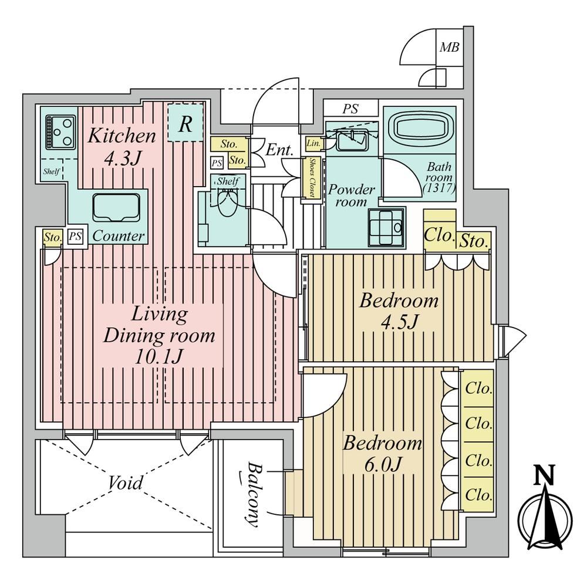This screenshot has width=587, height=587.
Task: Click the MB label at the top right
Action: coord(449,47)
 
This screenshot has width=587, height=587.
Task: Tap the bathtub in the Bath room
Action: coord(419,129)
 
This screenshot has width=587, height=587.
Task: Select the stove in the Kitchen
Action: coord(60,132)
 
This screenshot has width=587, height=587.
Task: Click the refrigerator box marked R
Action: coord(185,123)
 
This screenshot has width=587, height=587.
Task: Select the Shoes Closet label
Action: coord(312,177)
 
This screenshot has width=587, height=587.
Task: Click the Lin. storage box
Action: coord(313,143)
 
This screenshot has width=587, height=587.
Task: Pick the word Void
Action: coord(126,483)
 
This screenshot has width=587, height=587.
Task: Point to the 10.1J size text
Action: coord(158,357)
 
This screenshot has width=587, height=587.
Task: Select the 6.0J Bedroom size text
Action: coord(383,464)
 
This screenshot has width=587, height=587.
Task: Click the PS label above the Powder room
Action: coord(350,109)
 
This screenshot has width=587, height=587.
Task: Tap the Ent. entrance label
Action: coord(279,150)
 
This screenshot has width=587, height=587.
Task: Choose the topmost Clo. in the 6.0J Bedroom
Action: coord(478,388)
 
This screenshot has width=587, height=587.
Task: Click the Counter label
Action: coord(119,236)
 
